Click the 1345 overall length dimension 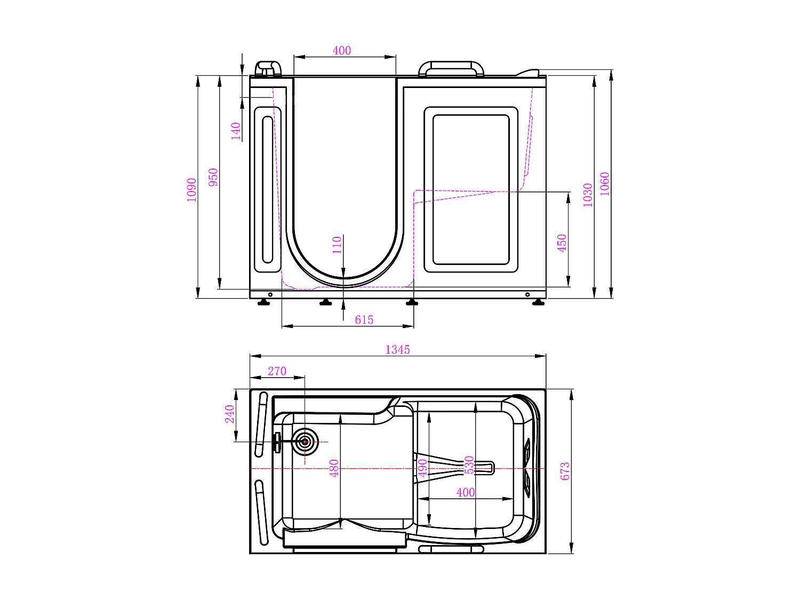pos(397,350)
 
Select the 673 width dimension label pos(565,471)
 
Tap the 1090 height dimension pos(191,189)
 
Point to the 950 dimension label pos(213,177)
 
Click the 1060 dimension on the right pos(604,183)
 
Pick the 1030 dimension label pos(588,195)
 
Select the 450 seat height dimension pos(562,243)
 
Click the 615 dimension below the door pos(364,320)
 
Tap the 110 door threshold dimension pos(337,245)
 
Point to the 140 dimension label pos(236,131)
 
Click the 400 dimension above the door pos(341,51)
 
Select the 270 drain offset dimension pos(277,371)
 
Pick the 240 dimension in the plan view pos(229,414)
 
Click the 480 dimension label pos(334,468)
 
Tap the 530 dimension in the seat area pos(469,465)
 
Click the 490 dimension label pos(422,468)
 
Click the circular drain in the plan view pos(305,442)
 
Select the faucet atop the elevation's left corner pos(268,69)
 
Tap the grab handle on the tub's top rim pos(451,68)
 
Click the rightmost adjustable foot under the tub pos(538,303)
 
